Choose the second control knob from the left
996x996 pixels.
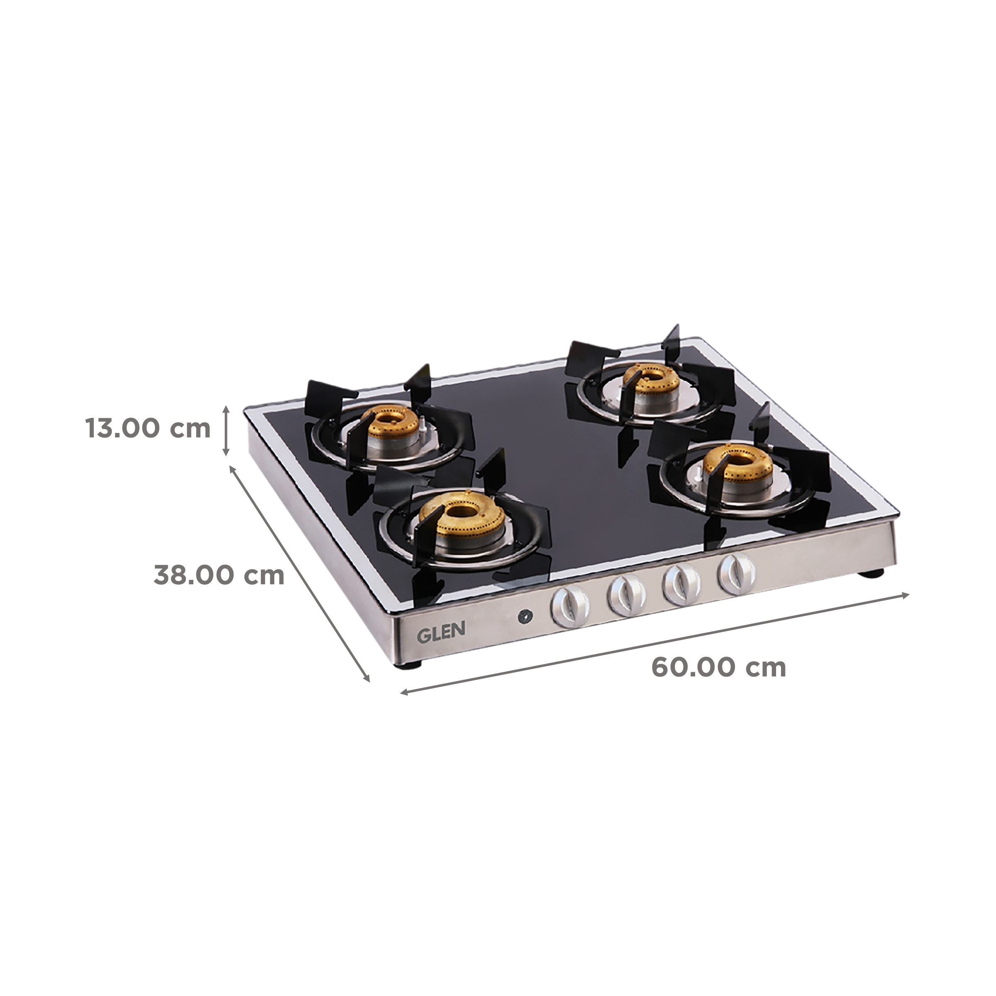pyautogui.click(x=626, y=595)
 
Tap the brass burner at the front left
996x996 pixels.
pyautogui.click(x=456, y=517)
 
